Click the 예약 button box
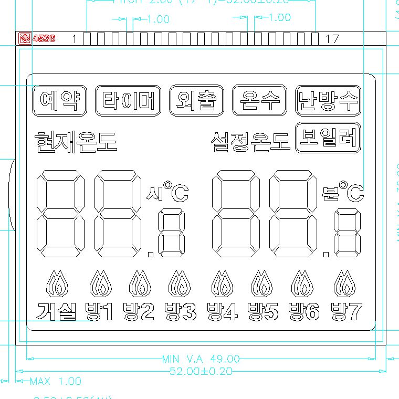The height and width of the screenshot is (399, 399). click(59, 100)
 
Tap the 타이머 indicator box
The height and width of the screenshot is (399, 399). click(128, 100)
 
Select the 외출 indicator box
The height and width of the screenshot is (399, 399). click(197, 100)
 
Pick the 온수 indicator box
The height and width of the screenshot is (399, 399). click(260, 100)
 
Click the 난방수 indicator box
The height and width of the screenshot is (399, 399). click(328, 100)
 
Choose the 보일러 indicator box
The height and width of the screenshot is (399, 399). click(328, 137)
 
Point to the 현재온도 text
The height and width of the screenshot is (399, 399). click(76, 141)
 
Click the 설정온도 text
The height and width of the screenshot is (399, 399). click(250, 141)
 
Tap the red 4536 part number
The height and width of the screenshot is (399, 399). click(44, 38)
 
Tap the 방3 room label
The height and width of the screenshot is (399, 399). click(181, 312)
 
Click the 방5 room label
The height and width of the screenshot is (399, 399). click(263, 312)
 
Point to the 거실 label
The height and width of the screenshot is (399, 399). click(58, 312)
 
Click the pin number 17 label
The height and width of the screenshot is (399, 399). click(332, 39)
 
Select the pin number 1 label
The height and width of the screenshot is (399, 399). click(74, 39)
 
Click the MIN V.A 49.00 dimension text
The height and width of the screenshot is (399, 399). click(201, 359)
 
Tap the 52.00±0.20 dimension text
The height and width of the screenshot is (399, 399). click(201, 371)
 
